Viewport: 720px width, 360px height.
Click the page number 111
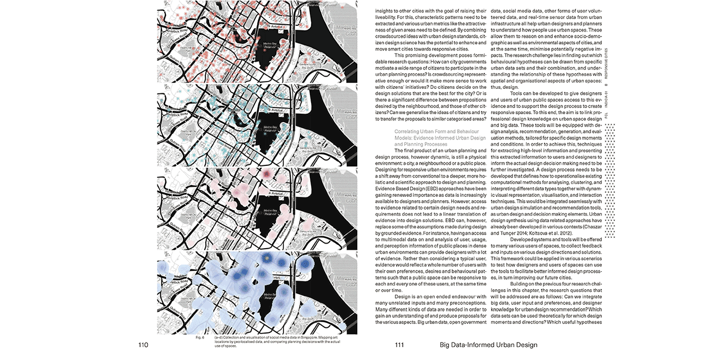[x=400, y=345]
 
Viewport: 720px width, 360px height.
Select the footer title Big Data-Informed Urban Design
[x=488, y=345]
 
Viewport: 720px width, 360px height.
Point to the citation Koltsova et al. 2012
[x=554, y=232]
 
